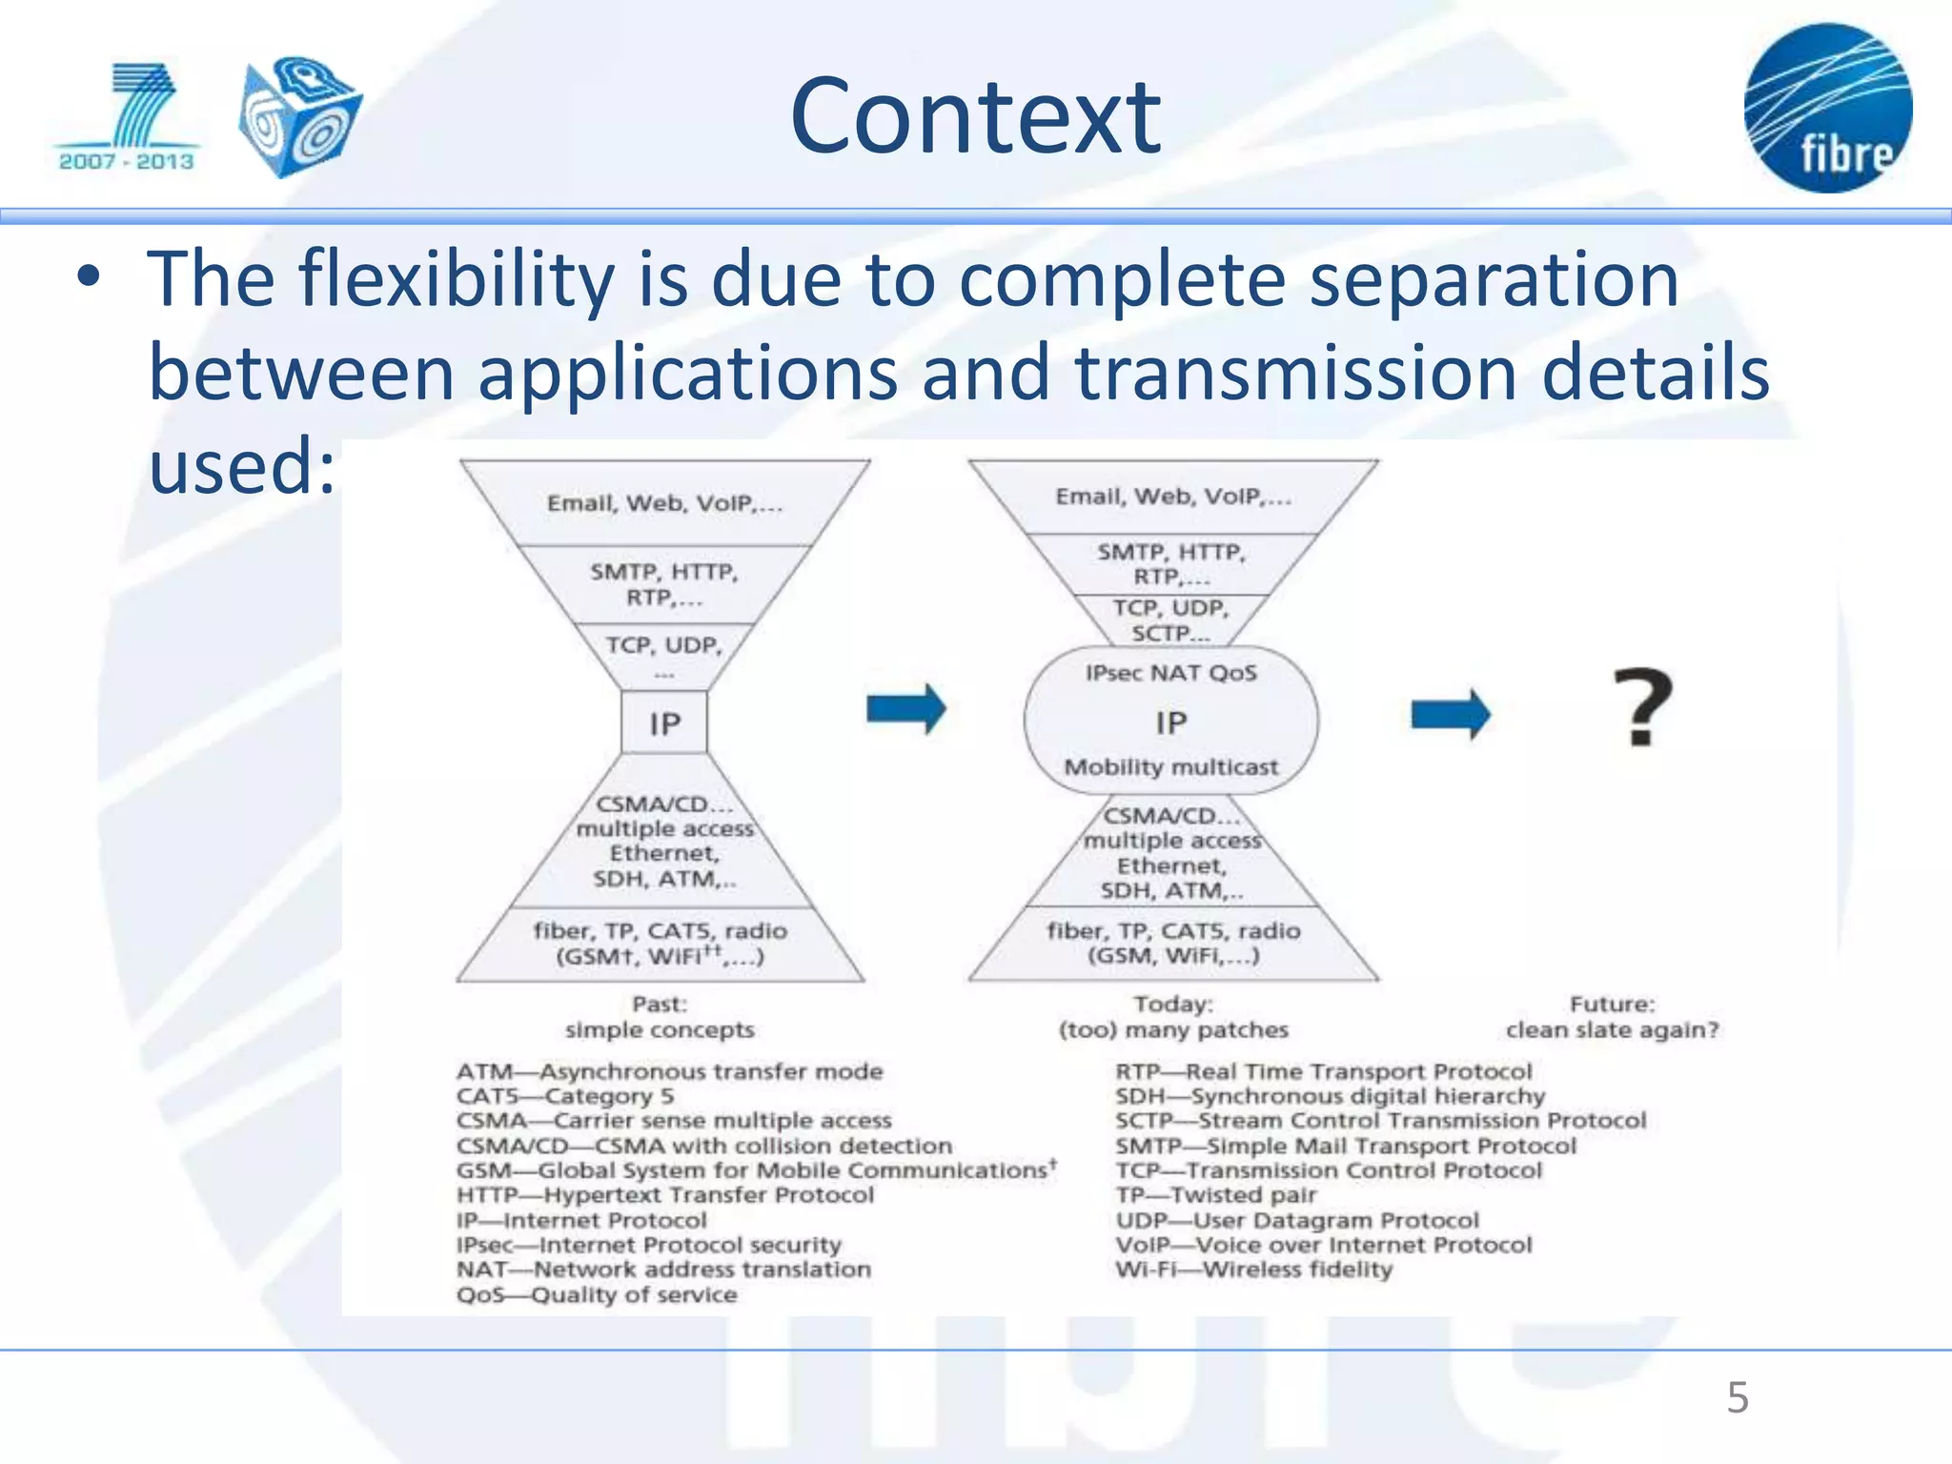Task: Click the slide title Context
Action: coord(975,116)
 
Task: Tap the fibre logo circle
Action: coord(1827,108)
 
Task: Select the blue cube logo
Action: coord(299,116)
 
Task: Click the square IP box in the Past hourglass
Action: coord(664,723)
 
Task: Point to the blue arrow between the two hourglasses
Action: coord(905,709)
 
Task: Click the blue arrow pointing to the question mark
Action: coord(1450,714)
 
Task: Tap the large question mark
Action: coord(1642,707)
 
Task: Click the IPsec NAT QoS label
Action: coord(1170,673)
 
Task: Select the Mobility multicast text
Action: coord(1170,767)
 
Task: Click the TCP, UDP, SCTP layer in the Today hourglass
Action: coord(1170,620)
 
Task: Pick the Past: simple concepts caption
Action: coord(660,1017)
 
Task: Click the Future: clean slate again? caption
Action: coord(1612,1017)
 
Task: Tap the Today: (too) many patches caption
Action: coord(1172,1017)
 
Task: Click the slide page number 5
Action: coord(1737,1398)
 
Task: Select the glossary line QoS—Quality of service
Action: coord(597,1295)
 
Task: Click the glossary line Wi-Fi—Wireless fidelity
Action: coord(1253,1270)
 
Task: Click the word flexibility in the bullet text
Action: coord(456,279)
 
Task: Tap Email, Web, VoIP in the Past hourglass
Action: coord(664,503)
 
